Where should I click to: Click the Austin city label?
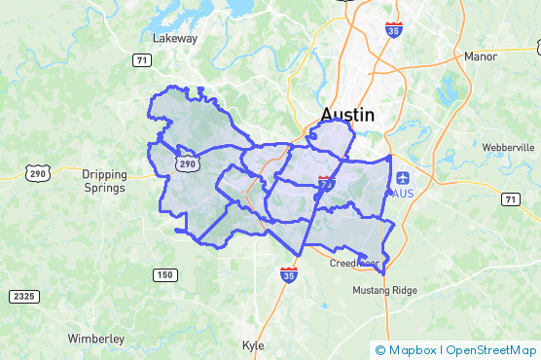[x=347, y=115]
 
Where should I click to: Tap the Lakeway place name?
[x=175, y=39]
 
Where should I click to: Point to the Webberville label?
[x=508, y=147]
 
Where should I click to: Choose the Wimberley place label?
[x=95, y=338]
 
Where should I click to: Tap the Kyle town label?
[x=252, y=345]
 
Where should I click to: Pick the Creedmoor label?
[x=353, y=264]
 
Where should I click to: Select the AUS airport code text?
[x=402, y=193]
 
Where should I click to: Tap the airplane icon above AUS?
[x=403, y=177]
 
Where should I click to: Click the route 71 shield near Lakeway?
[x=142, y=60]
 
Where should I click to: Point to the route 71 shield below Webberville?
[x=509, y=198]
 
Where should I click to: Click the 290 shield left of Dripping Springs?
[x=38, y=173]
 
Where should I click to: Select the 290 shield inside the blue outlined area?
[x=187, y=164]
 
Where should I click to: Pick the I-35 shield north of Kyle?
[x=289, y=275]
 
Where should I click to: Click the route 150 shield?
[x=165, y=275]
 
